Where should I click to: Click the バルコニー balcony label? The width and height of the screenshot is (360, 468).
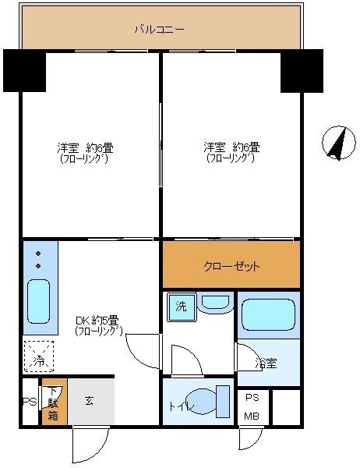(x=159, y=30)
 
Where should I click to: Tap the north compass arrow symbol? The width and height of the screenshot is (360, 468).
(x=337, y=143)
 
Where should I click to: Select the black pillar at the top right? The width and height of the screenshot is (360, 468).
(x=302, y=70)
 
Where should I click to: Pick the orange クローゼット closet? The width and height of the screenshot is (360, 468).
(x=231, y=265)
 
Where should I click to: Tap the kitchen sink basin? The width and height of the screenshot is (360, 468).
(x=39, y=303)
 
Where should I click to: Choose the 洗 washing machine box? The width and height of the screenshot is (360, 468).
(x=181, y=307)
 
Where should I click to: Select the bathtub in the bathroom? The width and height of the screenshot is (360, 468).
(x=267, y=315)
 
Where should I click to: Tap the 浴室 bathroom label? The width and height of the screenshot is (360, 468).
(x=266, y=363)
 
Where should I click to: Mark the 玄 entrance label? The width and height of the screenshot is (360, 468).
(x=89, y=401)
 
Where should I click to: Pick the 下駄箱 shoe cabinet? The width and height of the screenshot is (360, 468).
(x=53, y=402)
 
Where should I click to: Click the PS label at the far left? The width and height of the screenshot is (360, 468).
(x=27, y=402)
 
